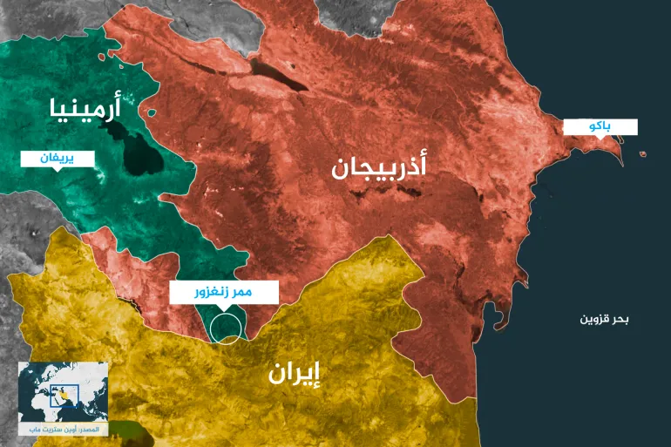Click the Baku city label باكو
[x=600, y=126]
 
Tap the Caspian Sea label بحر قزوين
[x=604, y=319]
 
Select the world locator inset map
[x=64, y=393]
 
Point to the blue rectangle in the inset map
[x=67, y=395]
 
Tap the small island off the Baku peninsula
[x=642, y=155]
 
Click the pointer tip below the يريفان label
[x=58, y=171]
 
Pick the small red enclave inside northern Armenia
[x=152, y=112]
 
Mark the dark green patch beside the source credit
[x=129, y=428]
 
